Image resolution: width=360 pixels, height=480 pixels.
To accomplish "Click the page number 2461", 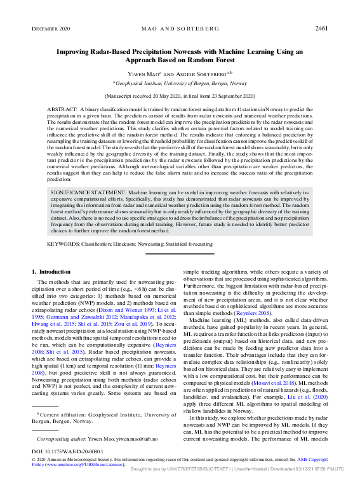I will coord(321,29).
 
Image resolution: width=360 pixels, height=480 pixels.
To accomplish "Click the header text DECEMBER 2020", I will coord(51,29).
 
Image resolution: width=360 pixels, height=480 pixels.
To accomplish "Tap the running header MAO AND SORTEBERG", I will coord(180,29).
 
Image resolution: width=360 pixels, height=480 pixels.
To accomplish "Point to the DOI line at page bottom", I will coord(61,451).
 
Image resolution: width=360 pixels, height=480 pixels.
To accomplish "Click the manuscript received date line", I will coord(180,95).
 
